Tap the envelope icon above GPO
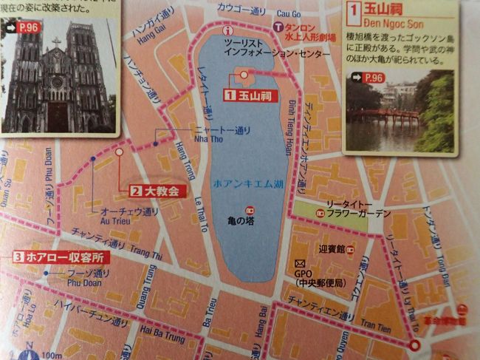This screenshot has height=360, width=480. click(299, 264)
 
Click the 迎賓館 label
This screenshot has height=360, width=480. click(332, 250)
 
